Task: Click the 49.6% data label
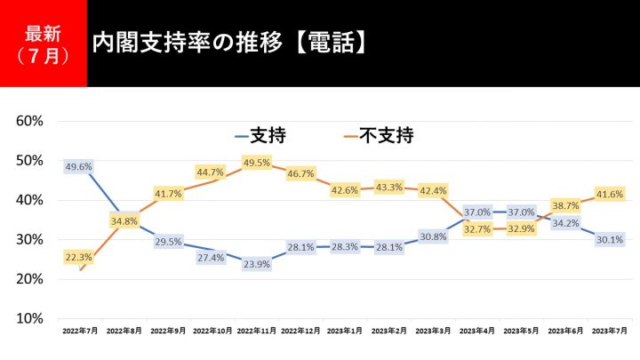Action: point(78,166)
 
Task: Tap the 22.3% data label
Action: point(78,256)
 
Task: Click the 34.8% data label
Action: point(124,220)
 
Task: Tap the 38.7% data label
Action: point(564,204)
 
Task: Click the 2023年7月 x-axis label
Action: point(610,331)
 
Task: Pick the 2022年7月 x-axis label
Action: point(79,331)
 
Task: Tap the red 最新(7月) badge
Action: point(43,44)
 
